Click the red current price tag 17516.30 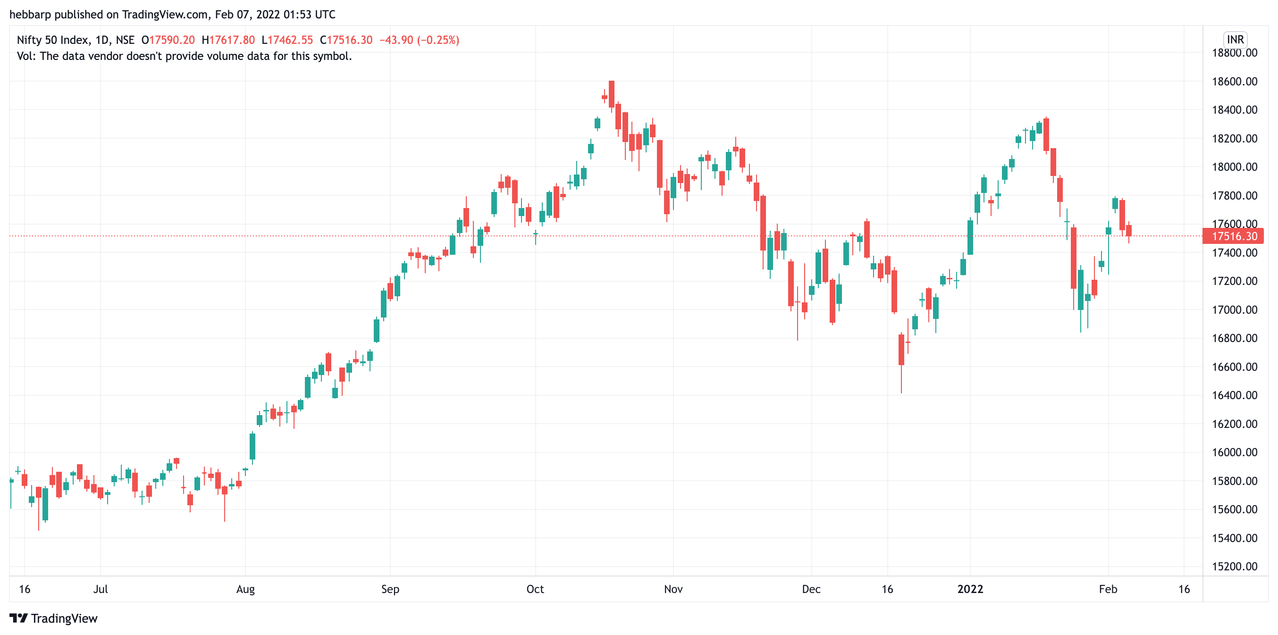pyautogui.click(x=1234, y=236)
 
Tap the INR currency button pyautogui.click(x=1235, y=40)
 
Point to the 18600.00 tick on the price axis pyautogui.click(x=1234, y=81)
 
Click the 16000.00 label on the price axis pyautogui.click(x=1234, y=452)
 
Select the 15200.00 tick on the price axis pyautogui.click(x=1234, y=567)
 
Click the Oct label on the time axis pyautogui.click(x=535, y=589)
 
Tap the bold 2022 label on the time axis pyautogui.click(x=970, y=589)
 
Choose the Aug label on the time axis pyautogui.click(x=245, y=589)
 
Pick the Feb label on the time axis pyautogui.click(x=1108, y=589)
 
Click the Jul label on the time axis pyautogui.click(x=100, y=589)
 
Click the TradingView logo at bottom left pyautogui.click(x=54, y=618)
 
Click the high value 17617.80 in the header pyautogui.click(x=232, y=40)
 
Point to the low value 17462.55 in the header pyautogui.click(x=290, y=40)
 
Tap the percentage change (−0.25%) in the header pyautogui.click(x=438, y=40)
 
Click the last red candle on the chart pyautogui.click(x=1129, y=230)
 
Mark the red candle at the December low pyautogui.click(x=901, y=350)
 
